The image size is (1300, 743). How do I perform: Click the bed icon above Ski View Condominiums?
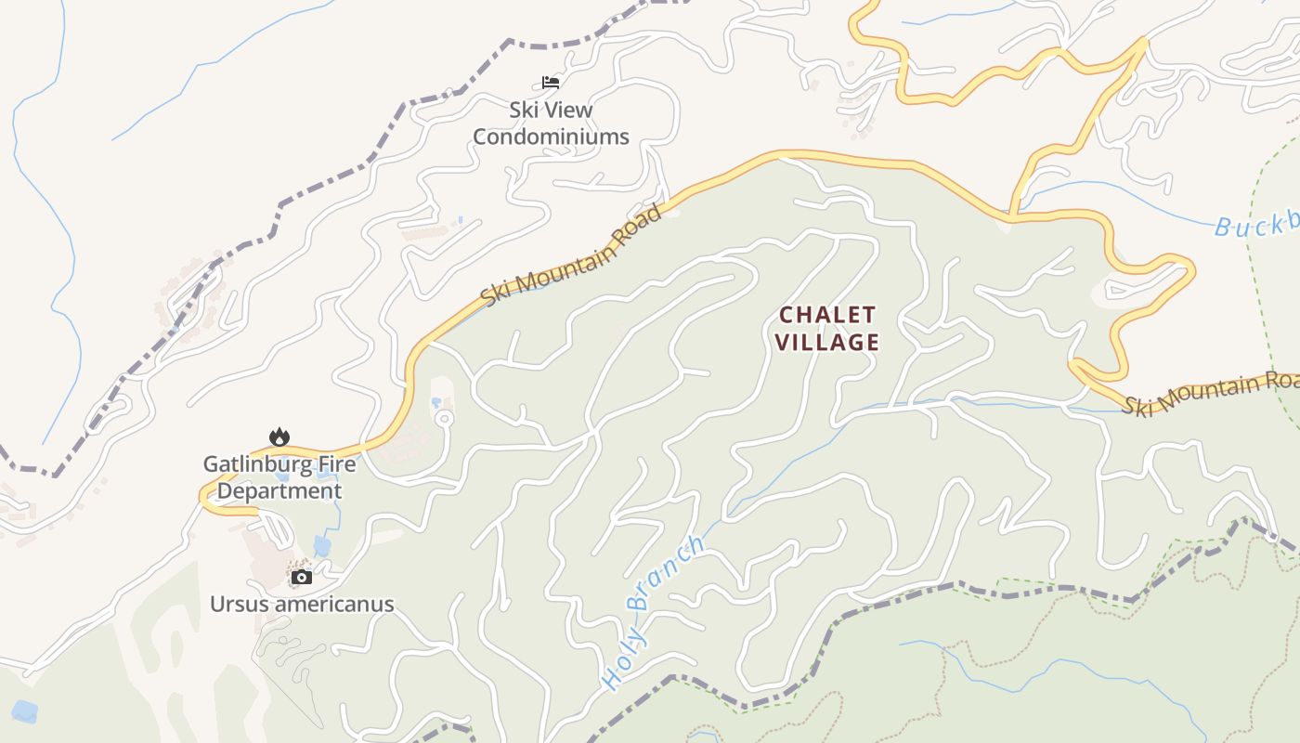click(x=551, y=83)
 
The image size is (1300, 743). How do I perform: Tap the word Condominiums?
click(x=551, y=137)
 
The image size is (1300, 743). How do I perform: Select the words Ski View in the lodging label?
click(x=551, y=110)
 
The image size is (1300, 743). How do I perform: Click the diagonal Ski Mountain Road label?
click(x=572, y=256)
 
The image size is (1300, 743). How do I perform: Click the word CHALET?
click(x=826, y=314)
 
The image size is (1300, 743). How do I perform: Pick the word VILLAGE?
click(x=826, y=342)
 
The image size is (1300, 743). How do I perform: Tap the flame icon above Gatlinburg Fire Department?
click(x=279, y=437)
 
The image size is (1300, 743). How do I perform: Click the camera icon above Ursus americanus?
click(x=301, y=577)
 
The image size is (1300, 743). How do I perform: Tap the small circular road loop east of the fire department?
click(x=444, y=419)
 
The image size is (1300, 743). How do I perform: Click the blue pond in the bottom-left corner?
click(x=25, y=711)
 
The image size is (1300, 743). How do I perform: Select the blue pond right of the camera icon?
click(x=322, y=544)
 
